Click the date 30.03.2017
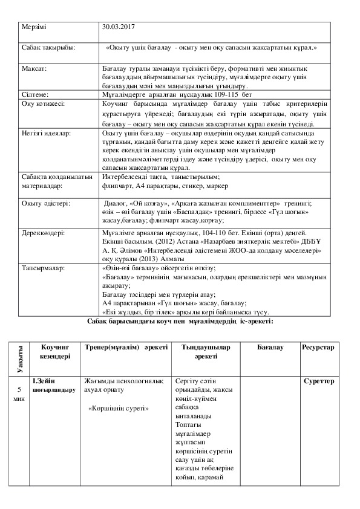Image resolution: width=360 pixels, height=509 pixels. (119, 28)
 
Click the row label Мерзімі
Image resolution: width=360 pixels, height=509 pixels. (33, 28)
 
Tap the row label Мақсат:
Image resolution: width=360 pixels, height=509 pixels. (34, 70)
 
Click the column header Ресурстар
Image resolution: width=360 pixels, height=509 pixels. (318, 348)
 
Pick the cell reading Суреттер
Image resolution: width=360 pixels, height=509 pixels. (319, 382)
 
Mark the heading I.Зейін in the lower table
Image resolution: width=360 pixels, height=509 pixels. (44, 382)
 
